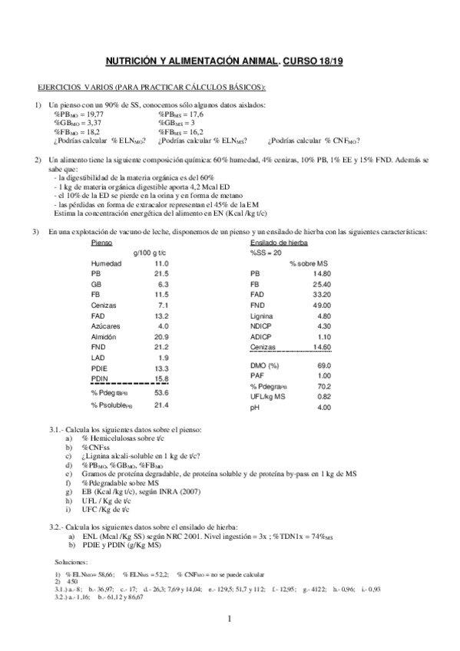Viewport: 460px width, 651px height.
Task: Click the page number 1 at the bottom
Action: click(230, 618)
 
